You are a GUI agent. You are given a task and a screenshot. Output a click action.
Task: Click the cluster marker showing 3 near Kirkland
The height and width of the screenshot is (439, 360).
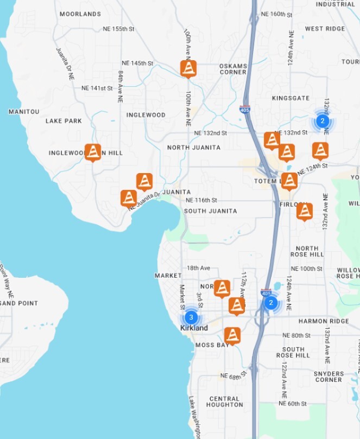pos(191,317)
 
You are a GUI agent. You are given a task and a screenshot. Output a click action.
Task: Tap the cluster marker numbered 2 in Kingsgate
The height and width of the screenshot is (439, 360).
pos(323,121)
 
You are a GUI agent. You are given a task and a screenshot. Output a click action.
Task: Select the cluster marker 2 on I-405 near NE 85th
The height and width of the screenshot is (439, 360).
pos(270,302)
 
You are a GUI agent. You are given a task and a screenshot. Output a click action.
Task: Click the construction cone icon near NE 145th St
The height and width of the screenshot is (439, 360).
pos(188,68)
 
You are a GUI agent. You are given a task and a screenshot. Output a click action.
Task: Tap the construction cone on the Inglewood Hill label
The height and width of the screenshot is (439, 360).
pos(93,152)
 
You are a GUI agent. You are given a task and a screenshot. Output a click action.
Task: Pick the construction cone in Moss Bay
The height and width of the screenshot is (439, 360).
pos(232,335)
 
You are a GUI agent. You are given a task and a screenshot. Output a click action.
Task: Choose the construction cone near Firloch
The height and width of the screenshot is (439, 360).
pos(305,211)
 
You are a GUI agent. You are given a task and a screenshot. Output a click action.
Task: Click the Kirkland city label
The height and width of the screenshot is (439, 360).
pos(194,328)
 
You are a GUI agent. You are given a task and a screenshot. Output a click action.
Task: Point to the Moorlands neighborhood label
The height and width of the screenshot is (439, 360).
pos(80,14)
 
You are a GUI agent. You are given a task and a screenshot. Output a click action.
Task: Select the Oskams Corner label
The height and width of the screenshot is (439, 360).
pos(233,69)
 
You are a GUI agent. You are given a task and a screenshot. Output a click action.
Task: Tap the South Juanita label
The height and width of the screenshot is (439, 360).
pos(211,211)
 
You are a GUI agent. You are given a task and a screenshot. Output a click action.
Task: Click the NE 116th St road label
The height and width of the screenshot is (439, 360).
pos(201,200)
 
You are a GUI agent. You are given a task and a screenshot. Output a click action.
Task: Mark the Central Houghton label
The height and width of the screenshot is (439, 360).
pos(225,402)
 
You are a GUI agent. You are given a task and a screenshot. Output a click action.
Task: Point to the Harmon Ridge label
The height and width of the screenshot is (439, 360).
pos(324,321)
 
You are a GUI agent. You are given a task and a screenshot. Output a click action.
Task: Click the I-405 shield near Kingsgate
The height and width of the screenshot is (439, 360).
pos(245,109)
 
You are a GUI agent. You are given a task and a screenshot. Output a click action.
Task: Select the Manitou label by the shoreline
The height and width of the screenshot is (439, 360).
pos(24,112)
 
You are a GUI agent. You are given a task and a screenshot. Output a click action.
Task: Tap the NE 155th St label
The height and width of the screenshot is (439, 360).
pos(119,29)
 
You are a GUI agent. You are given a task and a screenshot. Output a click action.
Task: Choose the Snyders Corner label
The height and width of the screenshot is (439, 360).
pos(329,377)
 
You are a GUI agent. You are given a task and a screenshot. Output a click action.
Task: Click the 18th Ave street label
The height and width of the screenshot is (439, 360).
pos(198,268)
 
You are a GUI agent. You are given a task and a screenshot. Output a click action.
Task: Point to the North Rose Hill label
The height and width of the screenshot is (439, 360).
pos(307,251)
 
